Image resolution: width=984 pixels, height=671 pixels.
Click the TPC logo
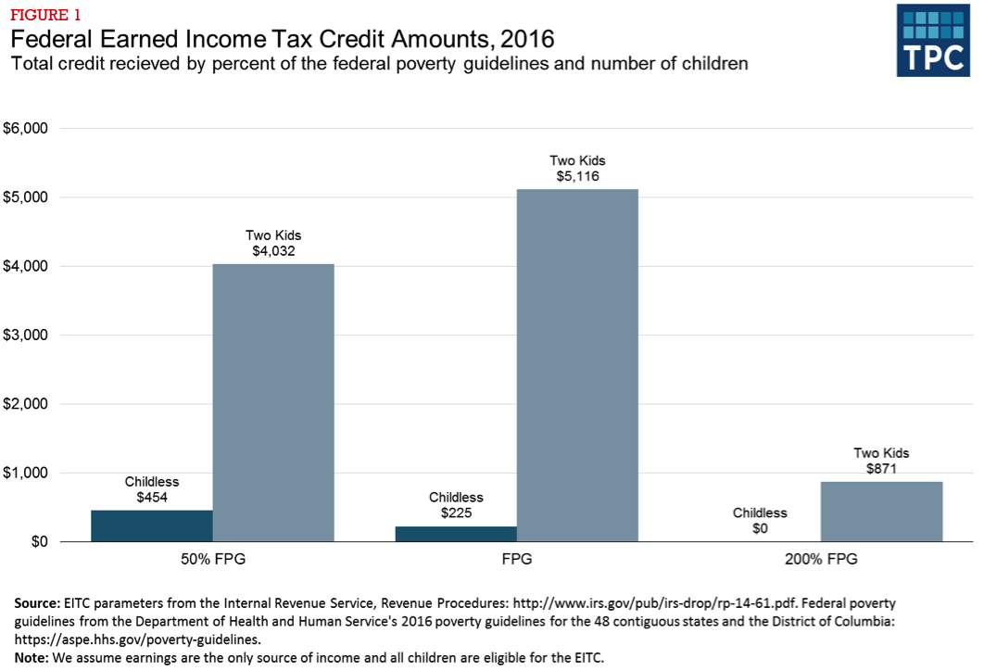pos(934,39)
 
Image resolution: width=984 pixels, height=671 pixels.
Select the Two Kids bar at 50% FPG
pos(273,402)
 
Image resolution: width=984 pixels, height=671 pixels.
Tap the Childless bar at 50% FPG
pos(152,525)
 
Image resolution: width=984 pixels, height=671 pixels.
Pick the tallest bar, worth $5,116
pos(577,365)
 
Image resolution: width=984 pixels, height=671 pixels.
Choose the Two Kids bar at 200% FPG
pos(881,512)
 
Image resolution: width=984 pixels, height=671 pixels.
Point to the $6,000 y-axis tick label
pos(26,129)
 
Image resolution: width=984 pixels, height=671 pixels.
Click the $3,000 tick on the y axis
pos(26,335)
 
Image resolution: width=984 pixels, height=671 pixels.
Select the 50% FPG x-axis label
pos(212,560)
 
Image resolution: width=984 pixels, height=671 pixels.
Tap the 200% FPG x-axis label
pos(820,560)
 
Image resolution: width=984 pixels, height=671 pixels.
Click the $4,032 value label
pos(273,250)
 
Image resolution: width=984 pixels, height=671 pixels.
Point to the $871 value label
pos(881,469)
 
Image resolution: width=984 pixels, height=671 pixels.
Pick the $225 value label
pos(456,513)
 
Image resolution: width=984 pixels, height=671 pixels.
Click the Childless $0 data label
pos(760,527)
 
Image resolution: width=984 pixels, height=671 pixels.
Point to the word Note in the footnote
pos(31,657)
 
